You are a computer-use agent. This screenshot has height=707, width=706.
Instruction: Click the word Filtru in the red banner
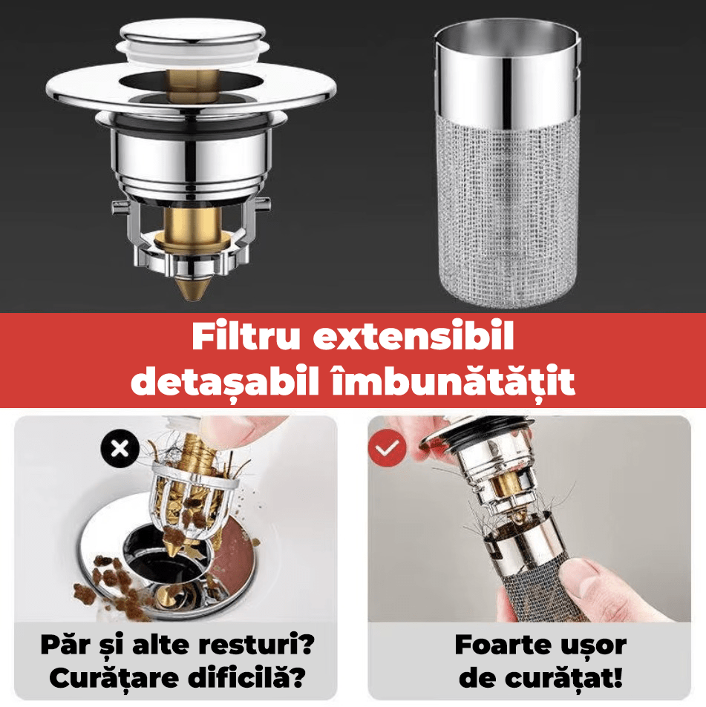(246, 336)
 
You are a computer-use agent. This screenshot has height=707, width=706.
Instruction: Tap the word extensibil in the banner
(414, 336)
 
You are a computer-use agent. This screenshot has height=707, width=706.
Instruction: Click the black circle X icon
(120, 449)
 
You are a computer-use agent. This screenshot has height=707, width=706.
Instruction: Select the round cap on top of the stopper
(194, 33)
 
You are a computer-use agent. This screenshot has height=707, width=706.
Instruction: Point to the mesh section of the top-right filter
(508, 212)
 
